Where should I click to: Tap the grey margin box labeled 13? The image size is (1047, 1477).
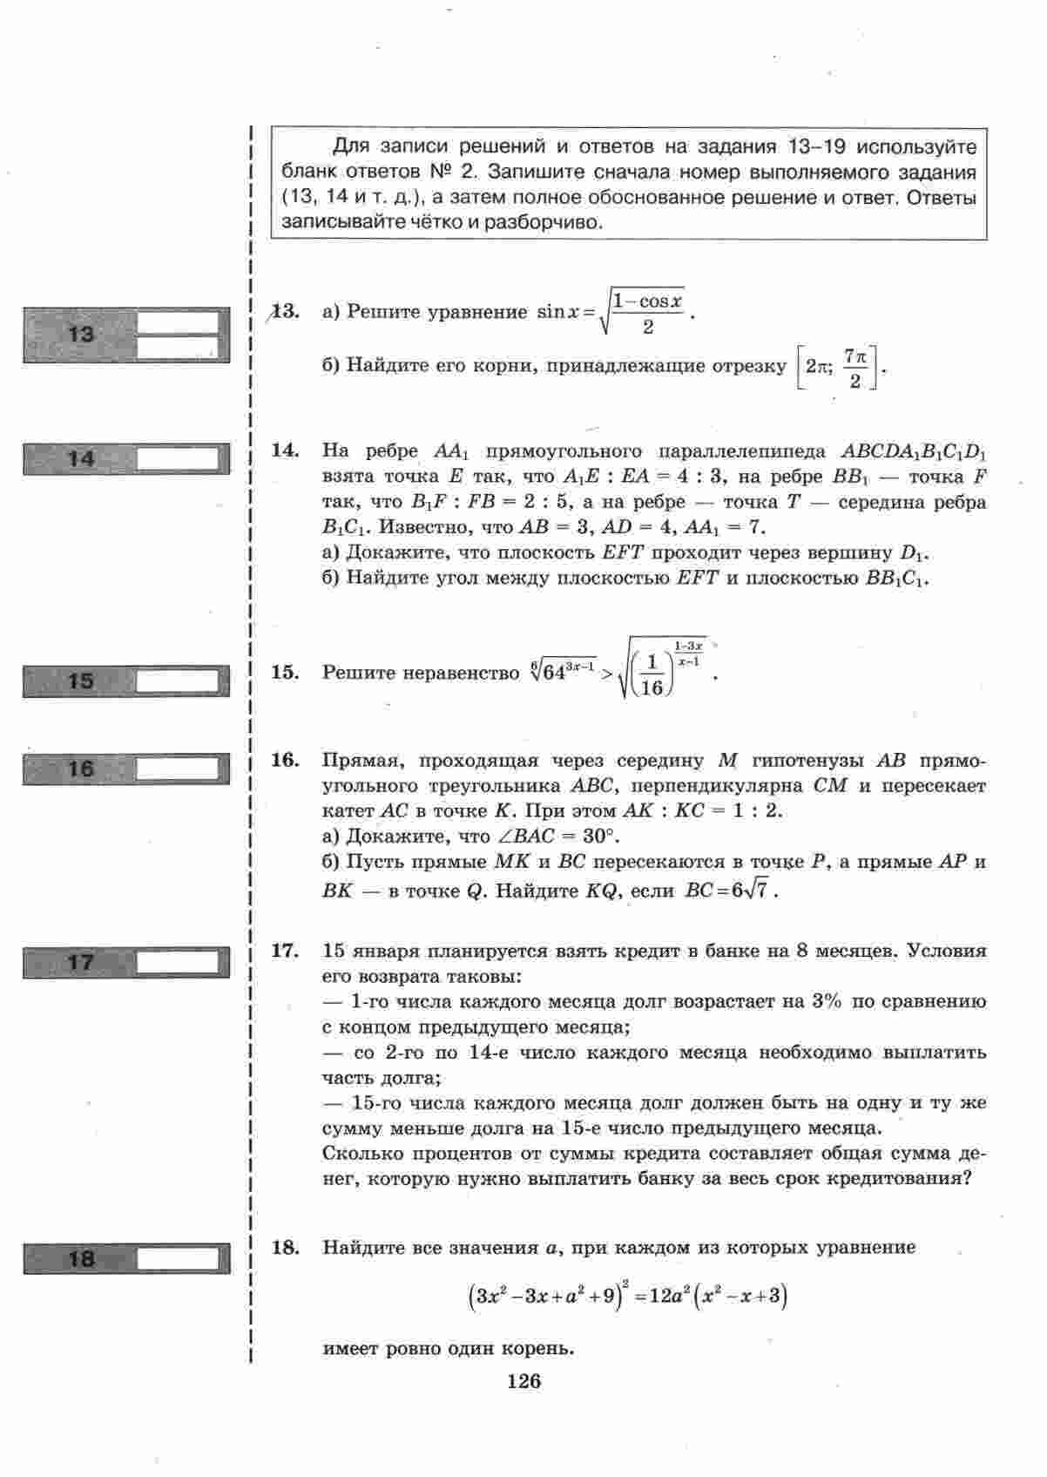point(126,335)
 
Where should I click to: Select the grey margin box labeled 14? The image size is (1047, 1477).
point(126,458)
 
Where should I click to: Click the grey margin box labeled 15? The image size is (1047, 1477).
point(126,681)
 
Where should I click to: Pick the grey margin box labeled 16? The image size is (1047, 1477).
point(126,769)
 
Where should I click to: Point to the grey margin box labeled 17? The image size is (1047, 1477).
point(126,963)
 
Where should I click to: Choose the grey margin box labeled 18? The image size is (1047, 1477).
point(126,1258)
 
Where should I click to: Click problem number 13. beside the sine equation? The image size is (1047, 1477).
point(286,311)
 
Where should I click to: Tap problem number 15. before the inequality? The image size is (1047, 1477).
point(286,672)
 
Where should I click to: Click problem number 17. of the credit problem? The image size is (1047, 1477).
point(286,951)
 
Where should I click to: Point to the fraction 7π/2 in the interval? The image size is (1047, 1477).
point(855,369)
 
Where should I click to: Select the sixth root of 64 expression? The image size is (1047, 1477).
point(563,672)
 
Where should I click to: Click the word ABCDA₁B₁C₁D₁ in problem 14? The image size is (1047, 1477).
point(913,451)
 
